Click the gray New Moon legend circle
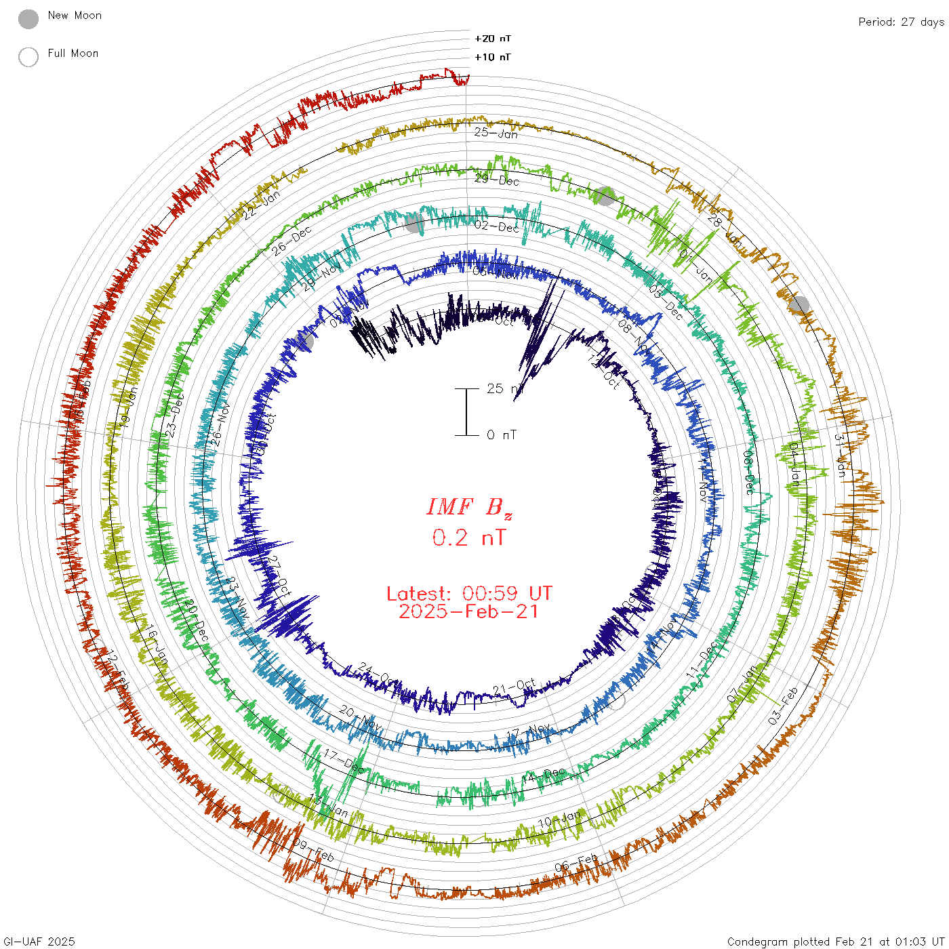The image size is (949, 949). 28,19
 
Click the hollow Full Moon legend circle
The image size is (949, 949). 28,57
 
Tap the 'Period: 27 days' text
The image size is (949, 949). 901,22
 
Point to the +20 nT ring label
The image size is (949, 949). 493,39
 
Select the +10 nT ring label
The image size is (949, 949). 493,57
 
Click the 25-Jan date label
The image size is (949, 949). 496,133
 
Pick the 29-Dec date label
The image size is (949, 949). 497,180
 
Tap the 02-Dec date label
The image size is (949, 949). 497,226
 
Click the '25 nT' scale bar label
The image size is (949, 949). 505,388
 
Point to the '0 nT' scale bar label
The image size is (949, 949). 501,435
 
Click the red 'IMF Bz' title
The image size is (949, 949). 469,507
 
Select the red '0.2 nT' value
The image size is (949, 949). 469,538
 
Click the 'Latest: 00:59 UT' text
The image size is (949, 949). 469,594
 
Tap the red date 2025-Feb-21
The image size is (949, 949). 469,611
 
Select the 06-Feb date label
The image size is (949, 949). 576,863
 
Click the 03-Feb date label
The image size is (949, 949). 783,706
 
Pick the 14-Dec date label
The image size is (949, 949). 544,775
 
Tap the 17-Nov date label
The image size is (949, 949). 529,731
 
